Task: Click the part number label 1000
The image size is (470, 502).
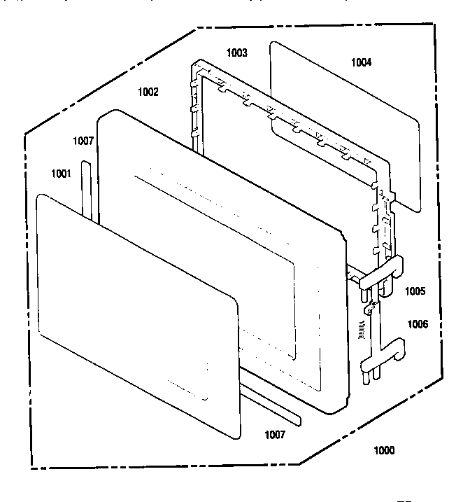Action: [x=384, y=450]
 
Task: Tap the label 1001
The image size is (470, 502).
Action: [x=61, y=174]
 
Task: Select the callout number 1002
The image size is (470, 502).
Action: [x=148, y=92]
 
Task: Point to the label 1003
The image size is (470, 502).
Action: [x=236, y=53]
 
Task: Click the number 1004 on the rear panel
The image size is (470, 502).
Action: [x=362, y=62]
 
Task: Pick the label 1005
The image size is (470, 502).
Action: [x=415, y=291]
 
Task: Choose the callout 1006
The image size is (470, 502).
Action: [x=418, y=324]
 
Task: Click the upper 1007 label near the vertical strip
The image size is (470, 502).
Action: [x=83, y=141]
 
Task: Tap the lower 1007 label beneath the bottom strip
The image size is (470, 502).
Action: [x=275, y=435]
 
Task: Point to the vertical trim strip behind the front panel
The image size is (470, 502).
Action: [x=87, y=190]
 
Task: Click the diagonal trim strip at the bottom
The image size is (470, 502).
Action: [x=270, y=397]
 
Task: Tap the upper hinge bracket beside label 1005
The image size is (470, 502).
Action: [x=380, y=275]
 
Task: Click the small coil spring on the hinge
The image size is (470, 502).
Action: [x=362, y=330]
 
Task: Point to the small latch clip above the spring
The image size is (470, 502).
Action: [x=369, y=308]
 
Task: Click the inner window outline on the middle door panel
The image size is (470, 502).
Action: [x=215, y=266]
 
